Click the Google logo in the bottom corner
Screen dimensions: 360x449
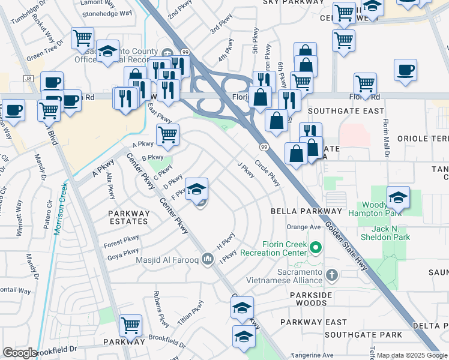(20, 353)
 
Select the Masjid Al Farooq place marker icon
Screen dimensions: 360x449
(208, 259)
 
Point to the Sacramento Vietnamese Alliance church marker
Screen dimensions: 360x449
(332, 275)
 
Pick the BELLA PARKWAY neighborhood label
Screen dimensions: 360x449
(306, 211)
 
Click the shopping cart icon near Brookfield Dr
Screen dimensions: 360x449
(130, 326)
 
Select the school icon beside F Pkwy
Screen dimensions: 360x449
(196, 190)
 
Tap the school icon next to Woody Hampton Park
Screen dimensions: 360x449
(398, 197)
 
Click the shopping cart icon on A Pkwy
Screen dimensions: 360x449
(167, 135)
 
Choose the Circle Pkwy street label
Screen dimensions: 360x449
(267, 172)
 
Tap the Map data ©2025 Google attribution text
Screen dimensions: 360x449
(412, 355)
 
